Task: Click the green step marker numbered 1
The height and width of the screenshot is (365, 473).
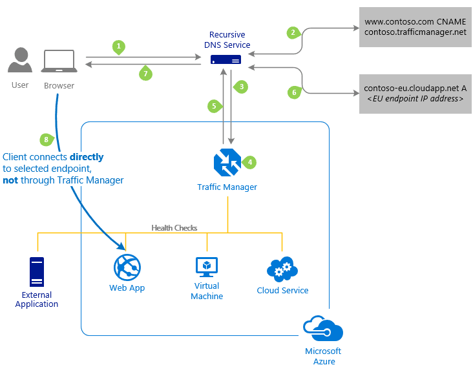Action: coord(118,47)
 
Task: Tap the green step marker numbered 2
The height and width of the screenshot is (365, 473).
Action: coord(293,32)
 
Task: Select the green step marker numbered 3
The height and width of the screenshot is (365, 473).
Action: coord(241,86)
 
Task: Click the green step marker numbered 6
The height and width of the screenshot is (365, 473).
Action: coord(294,92)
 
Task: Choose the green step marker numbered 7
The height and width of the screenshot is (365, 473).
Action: coord(146,74)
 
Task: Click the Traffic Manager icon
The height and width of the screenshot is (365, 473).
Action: coord(227,162)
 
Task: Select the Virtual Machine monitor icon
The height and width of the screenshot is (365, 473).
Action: coord(207,266)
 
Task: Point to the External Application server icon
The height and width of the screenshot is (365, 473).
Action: coord(37,272)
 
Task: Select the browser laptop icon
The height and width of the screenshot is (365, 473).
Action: coord(59,62)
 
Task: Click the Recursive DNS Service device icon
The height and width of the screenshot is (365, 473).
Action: coord(226,60)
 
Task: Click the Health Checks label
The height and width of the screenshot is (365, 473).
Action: coord(174,228)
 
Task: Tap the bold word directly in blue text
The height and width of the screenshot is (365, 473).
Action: coord(87,157)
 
